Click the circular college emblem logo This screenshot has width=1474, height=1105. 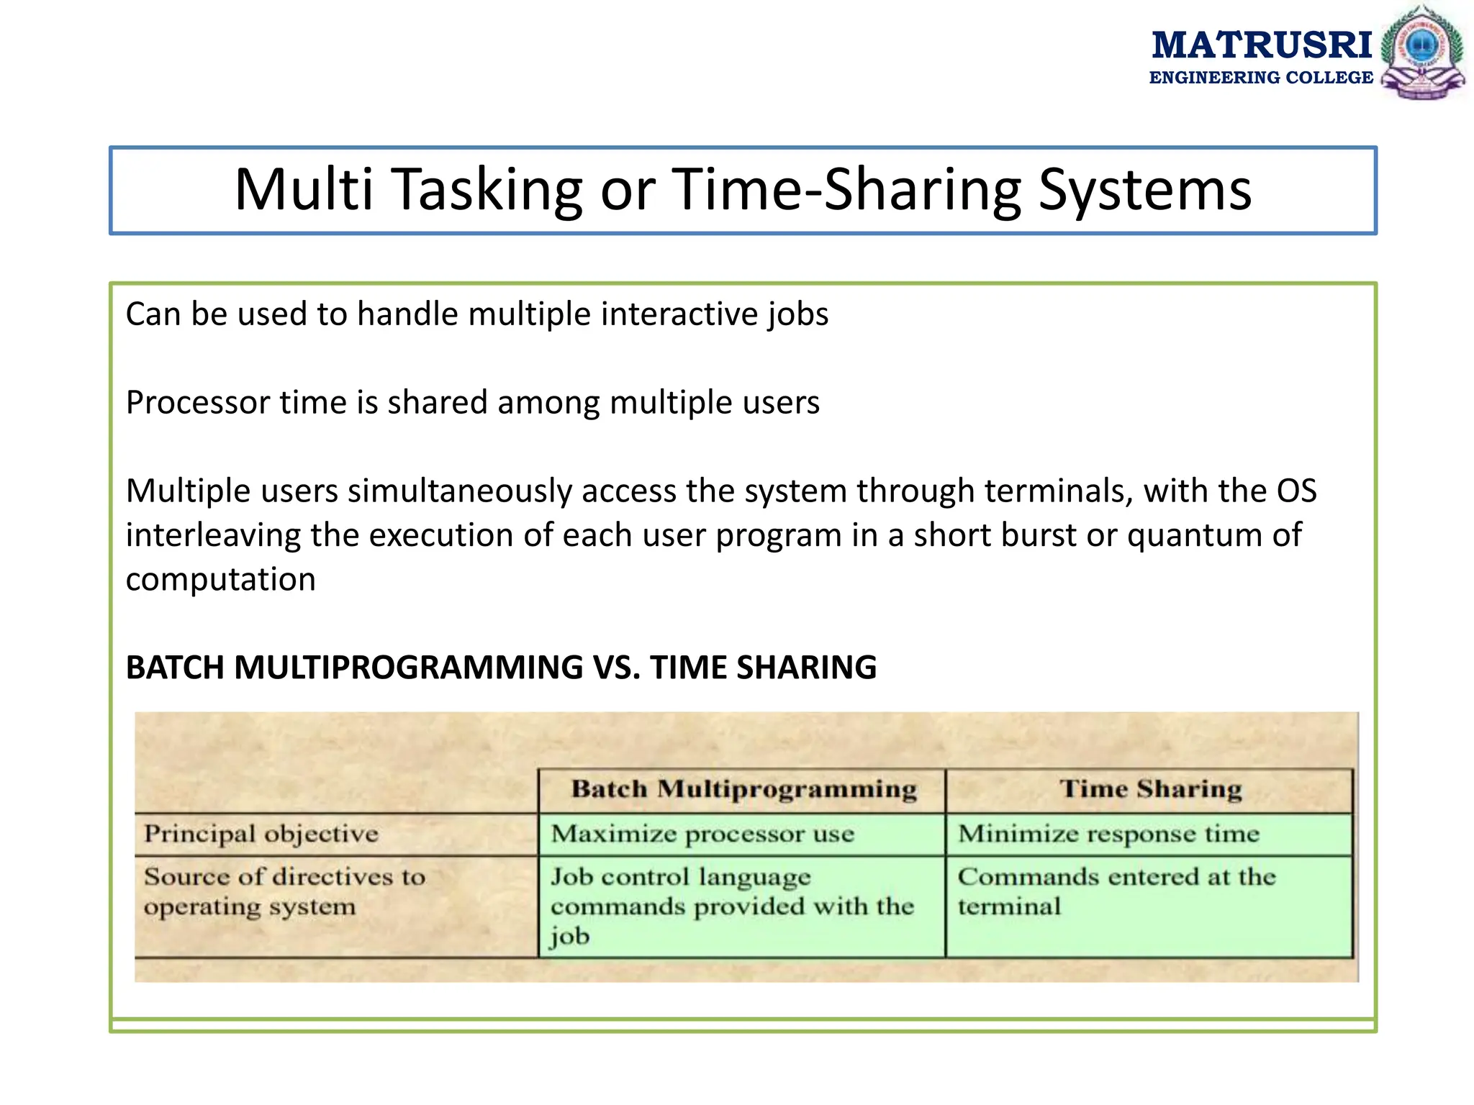[x=1421, y=52]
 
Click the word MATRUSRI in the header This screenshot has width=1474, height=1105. [x=1262, y=45]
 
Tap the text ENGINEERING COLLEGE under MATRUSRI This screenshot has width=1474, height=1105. [x=1261, y=78]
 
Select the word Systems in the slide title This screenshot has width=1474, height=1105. [x=1144, y=190]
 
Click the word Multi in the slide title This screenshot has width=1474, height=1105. [x=303, y=190]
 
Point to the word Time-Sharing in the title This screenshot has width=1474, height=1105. [x=846, y=190]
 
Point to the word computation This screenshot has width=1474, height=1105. [x=220, y=580]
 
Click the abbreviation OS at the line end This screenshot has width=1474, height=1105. [x=1296, y=491]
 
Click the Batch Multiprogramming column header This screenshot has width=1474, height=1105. [x=743, y=789]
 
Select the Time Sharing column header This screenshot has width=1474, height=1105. [x=1150, y=789]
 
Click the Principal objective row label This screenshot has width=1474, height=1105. [x=261, y=834]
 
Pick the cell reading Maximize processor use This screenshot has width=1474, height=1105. [x=702, y=834]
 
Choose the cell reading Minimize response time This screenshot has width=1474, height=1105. [x=1108, y=834]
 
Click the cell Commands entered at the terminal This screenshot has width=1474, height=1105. [x=1116, y=891]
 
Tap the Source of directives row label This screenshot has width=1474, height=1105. [x=284, y=891]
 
